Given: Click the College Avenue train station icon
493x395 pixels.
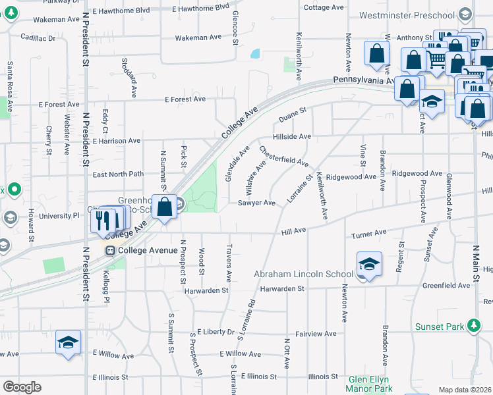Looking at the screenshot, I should [x=109, y=250].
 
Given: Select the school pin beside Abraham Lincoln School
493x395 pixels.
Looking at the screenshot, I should [x=370, y=264].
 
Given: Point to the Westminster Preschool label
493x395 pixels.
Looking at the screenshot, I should [x=407, y=14].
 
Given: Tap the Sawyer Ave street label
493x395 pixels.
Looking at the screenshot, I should [x=256, y=203].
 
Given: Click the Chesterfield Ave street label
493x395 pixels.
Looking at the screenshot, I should [x=283, y=156].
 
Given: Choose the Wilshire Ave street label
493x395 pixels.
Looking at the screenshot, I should [x=256, y=172].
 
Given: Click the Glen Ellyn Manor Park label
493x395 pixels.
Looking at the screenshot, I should [x=369, y=384].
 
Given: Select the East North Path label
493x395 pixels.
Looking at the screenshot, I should [x=118, y=174].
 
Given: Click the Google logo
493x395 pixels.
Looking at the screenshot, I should [x=22, y=387].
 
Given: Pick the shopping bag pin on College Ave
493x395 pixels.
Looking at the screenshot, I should [x=165, y=205].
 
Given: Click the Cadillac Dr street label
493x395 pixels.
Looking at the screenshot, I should [x=38, y=38].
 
